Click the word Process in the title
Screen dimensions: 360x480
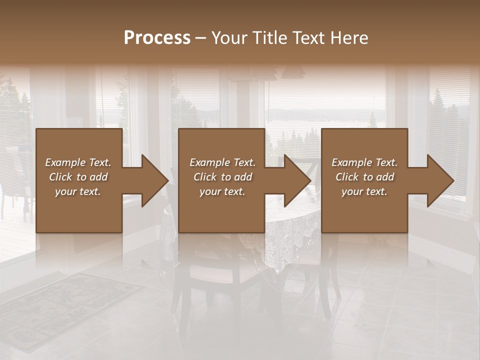157,38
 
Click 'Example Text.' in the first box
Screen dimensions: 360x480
78,162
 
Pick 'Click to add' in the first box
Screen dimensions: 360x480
78,177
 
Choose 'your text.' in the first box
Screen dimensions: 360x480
78,191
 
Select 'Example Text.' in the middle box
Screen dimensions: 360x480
222,162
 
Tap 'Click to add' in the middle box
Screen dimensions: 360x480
222,177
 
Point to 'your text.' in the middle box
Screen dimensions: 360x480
222,191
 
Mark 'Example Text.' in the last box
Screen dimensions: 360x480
364,162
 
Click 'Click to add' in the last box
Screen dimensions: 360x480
364,177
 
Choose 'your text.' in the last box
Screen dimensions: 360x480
364,191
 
